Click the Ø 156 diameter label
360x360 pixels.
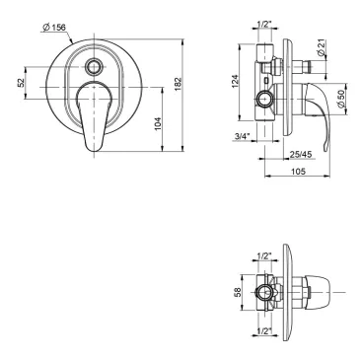click(54, 28)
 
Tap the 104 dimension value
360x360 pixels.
click(158, 124)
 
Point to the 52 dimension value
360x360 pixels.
click(21, 82)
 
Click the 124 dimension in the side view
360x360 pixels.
click(235, 81)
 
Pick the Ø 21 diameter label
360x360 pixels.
click(322, 48)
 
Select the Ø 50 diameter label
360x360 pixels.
click(341, 99)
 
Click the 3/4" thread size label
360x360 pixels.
click(243, 135)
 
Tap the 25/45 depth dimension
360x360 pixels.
click(301, 154)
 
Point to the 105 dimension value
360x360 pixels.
click(298, 171)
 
